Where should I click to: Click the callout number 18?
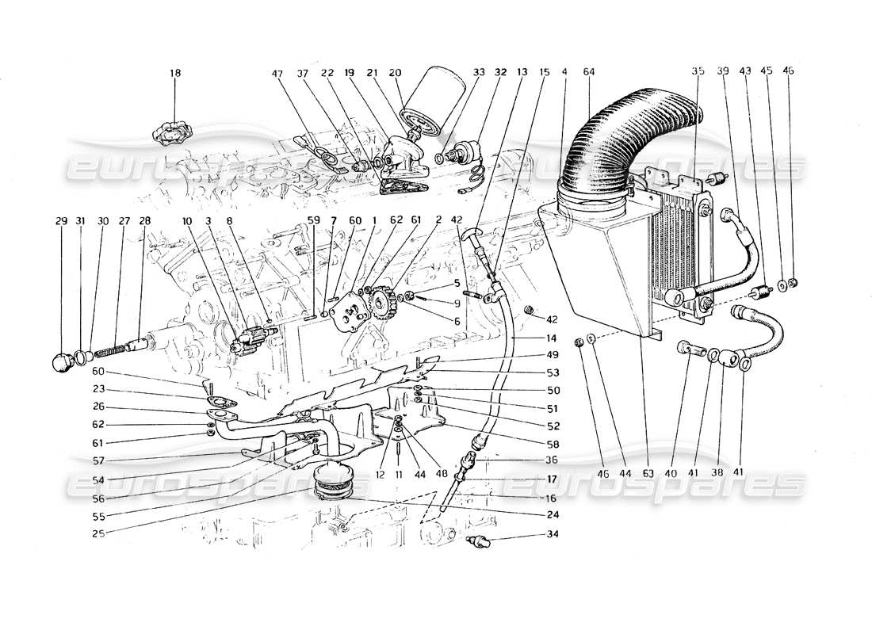[174, 73]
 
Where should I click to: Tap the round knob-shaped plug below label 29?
[61, 364]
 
